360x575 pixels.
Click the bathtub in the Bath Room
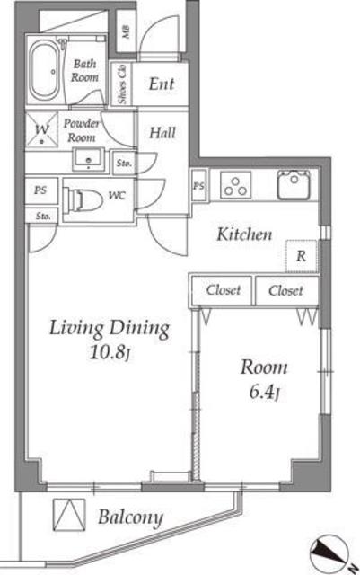(x=44, y=70)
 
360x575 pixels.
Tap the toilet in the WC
(x=83, y=199)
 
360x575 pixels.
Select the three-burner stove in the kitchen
(x=236, y=185)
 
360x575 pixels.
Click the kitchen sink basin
(x=294, y=185)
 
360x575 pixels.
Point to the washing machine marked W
(x=42, y=129)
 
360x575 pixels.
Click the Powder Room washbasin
(x=88, y=160)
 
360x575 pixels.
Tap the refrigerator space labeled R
(x=301, y=256)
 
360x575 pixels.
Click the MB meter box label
(x=126, y=32)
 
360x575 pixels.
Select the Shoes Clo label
(x=122, y=84)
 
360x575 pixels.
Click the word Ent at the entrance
(x=162, y=84)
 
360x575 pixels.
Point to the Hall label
(x=162, y=133)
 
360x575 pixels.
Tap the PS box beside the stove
(x=198, y=186)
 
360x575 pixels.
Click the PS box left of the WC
(x=40, y=190)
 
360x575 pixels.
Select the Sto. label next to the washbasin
(x=124, y=164)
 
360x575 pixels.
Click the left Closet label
(x=224, y=290)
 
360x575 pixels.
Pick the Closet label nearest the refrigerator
(x=285, y=291)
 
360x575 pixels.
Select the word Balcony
(x=130, y=517)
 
